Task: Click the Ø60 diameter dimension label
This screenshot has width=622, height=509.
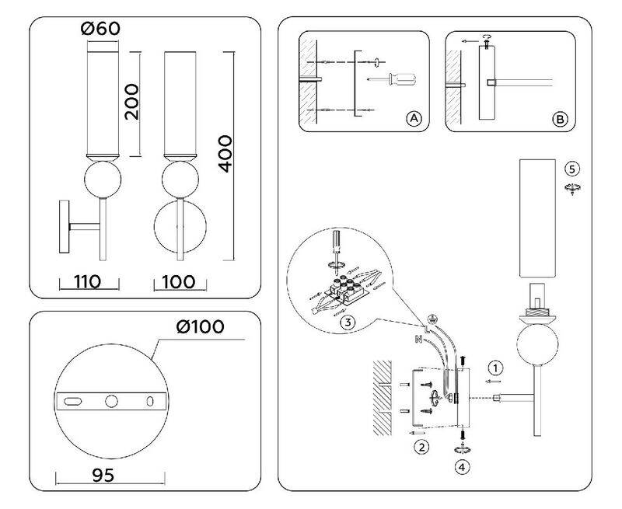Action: pos(100,29)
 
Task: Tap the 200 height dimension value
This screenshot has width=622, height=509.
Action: pos(132,102)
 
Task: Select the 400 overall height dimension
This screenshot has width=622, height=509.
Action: pos(225,153)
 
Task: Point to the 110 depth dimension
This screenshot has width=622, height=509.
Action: pos(87,282)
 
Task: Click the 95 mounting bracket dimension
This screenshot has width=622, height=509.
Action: pos(103,475)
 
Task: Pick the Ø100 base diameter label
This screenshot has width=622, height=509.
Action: pos(201,326)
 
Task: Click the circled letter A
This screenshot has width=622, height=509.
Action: pos(414,118)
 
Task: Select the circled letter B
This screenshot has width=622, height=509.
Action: pos(560,119)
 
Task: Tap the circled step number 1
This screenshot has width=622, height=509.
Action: pos(495,368)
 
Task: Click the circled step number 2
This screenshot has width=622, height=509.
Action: pos(421,447)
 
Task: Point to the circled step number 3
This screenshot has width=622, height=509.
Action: pos(348,322)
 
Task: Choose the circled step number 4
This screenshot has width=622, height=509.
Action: pos(462,467)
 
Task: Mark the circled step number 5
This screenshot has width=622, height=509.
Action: pos(571,169)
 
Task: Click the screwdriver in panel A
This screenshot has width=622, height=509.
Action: pos(392,80)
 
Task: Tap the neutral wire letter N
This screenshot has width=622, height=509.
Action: pos(418,339)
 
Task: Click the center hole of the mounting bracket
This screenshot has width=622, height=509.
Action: pos(111,401)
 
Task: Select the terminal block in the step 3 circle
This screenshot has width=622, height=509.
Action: pos(344,291)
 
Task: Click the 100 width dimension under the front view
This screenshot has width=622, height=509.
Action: pos(179,282)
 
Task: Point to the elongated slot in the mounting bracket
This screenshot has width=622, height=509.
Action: pos(73,401)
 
